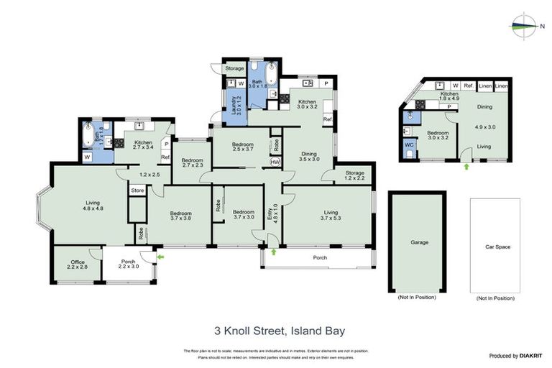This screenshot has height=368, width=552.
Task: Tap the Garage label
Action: click(x=419, y=242)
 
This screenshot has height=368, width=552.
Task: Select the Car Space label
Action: click(x=497, y=247)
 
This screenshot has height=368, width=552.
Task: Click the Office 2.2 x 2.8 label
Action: click(x=78, y=264)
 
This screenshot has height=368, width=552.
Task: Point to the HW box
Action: click(x=275, y=162)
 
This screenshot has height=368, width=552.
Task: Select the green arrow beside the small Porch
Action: click(x=160, y=255)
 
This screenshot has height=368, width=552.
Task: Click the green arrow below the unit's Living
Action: click(x=466, y=166)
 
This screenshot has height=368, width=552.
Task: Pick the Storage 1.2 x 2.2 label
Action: click(x=354, y=175)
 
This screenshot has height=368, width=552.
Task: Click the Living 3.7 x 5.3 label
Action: click(x=331, y=215)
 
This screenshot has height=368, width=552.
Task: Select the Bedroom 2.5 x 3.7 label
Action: click(x=238, y=147)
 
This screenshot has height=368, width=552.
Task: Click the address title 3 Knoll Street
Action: click(x=280, y=331)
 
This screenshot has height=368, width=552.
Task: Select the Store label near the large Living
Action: click(x=137, y=190)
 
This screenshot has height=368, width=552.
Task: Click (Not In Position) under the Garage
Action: click(x=419, y=298)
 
